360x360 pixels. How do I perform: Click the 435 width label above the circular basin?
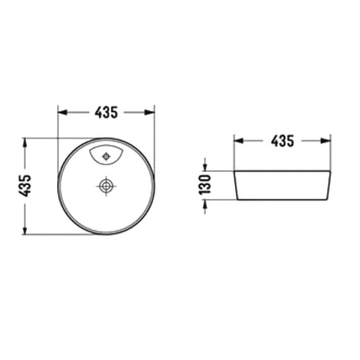[106, 112]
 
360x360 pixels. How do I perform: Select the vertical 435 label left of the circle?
[25, 186]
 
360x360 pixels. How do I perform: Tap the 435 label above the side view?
[282, 141]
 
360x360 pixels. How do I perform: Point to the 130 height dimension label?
[205, 184]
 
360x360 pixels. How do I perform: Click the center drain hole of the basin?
[106, 186]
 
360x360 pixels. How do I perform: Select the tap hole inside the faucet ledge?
[106, 157]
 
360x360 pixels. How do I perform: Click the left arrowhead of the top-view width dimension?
[63, 112]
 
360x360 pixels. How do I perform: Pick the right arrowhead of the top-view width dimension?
[150, 112]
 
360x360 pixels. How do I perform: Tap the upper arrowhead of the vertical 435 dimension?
[25, 143]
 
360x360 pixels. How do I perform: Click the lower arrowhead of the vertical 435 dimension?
[25, 230]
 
